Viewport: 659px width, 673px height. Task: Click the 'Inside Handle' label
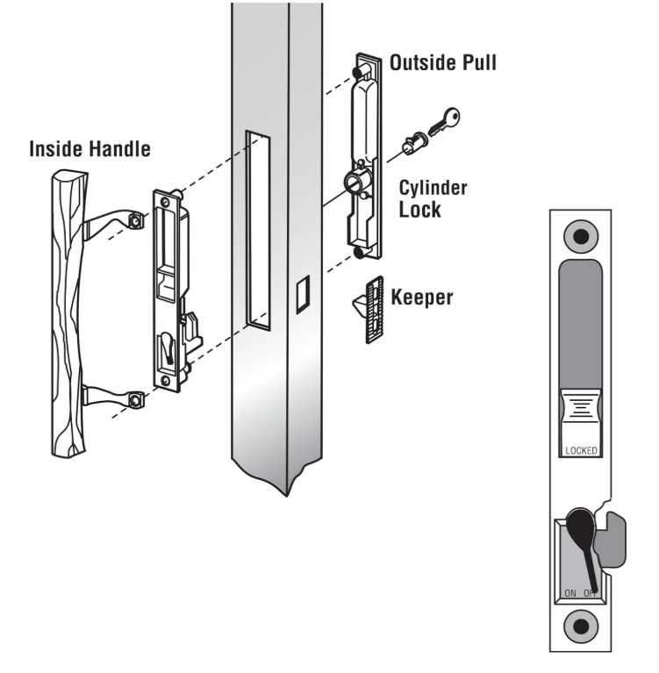[89, 148]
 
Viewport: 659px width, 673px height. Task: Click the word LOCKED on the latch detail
[580, 450]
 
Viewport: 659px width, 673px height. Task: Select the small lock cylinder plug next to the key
[412, 140]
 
